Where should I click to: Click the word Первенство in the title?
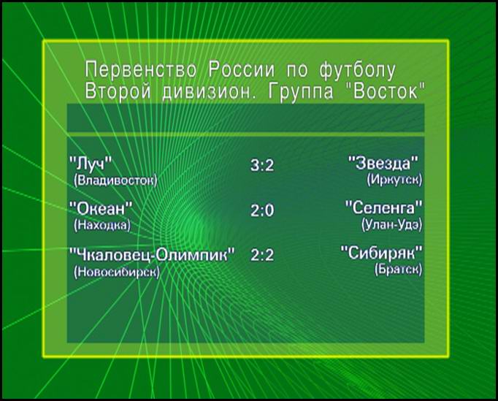point(141,69)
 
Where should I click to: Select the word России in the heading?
point(242,69)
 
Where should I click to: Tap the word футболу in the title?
point(358,71)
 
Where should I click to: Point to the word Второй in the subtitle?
point(118,92)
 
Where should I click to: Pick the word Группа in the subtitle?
point(301,92)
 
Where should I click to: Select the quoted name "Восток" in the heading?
point(385,91)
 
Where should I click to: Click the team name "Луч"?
point(91,164)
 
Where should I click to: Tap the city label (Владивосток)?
point(115,181)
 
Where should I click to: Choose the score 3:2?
point(262,165)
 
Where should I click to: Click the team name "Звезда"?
point(383,163)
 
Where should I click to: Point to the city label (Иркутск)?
point(395,180)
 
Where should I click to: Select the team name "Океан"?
point(101,209)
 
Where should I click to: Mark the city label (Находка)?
point(102,225)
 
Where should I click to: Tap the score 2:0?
point(262,210)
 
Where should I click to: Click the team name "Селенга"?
point(384,208)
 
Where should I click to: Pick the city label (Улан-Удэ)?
point(392,225)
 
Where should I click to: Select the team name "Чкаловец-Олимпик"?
point(152,254)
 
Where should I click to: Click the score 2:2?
point(262,255)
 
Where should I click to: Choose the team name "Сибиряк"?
point(382,253)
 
